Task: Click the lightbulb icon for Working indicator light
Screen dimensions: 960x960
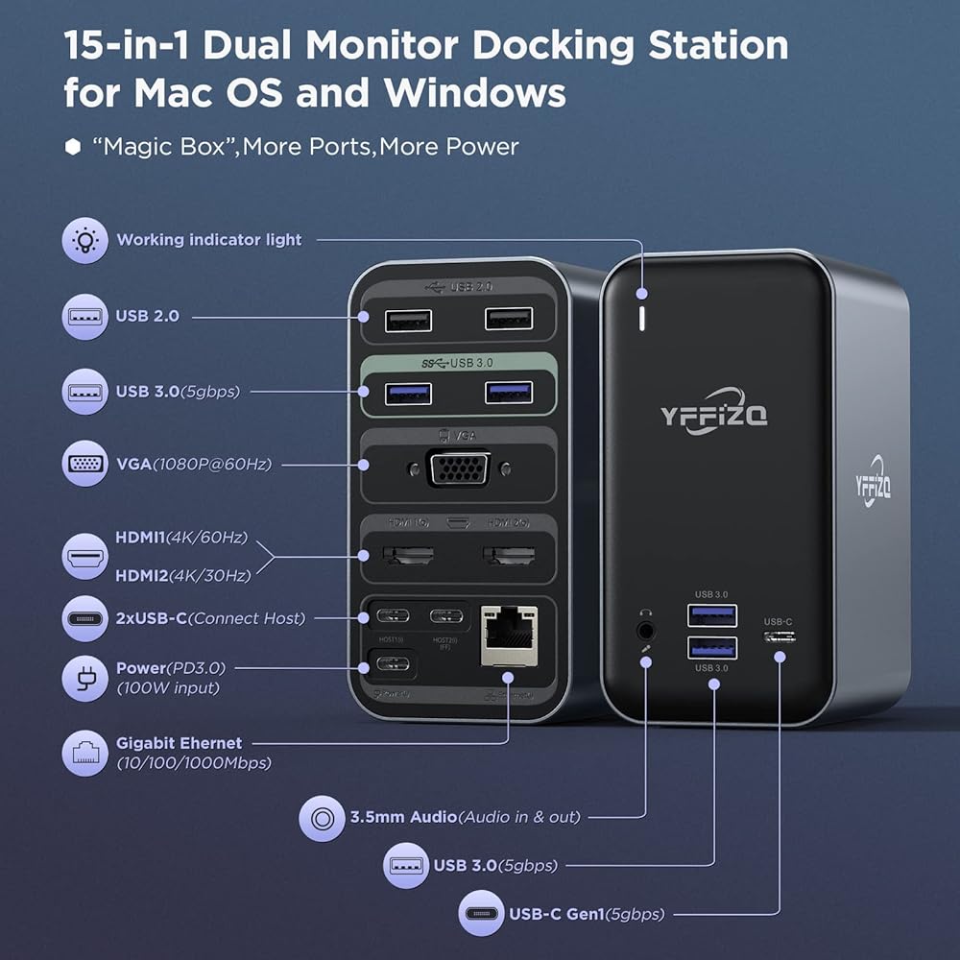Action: click(84, 240)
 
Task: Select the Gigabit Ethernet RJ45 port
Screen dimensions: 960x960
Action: click(506, 635)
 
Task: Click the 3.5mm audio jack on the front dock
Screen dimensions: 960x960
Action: click(646, 631)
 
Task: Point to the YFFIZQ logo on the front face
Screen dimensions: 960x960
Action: click(713, 414)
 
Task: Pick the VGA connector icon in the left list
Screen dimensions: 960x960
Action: click(84, 465)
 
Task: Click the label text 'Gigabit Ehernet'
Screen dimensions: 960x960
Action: click(179, 743)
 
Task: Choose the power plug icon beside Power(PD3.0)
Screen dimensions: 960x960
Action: click(84, 678)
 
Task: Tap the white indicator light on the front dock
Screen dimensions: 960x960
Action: click(641, 320)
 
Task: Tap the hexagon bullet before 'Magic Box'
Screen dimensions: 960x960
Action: click(73, 147)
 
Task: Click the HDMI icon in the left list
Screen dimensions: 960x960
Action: click(84, 556)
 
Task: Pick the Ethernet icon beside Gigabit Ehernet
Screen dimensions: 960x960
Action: click(84, 753)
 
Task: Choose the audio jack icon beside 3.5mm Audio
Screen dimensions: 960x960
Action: click(322, 818)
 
